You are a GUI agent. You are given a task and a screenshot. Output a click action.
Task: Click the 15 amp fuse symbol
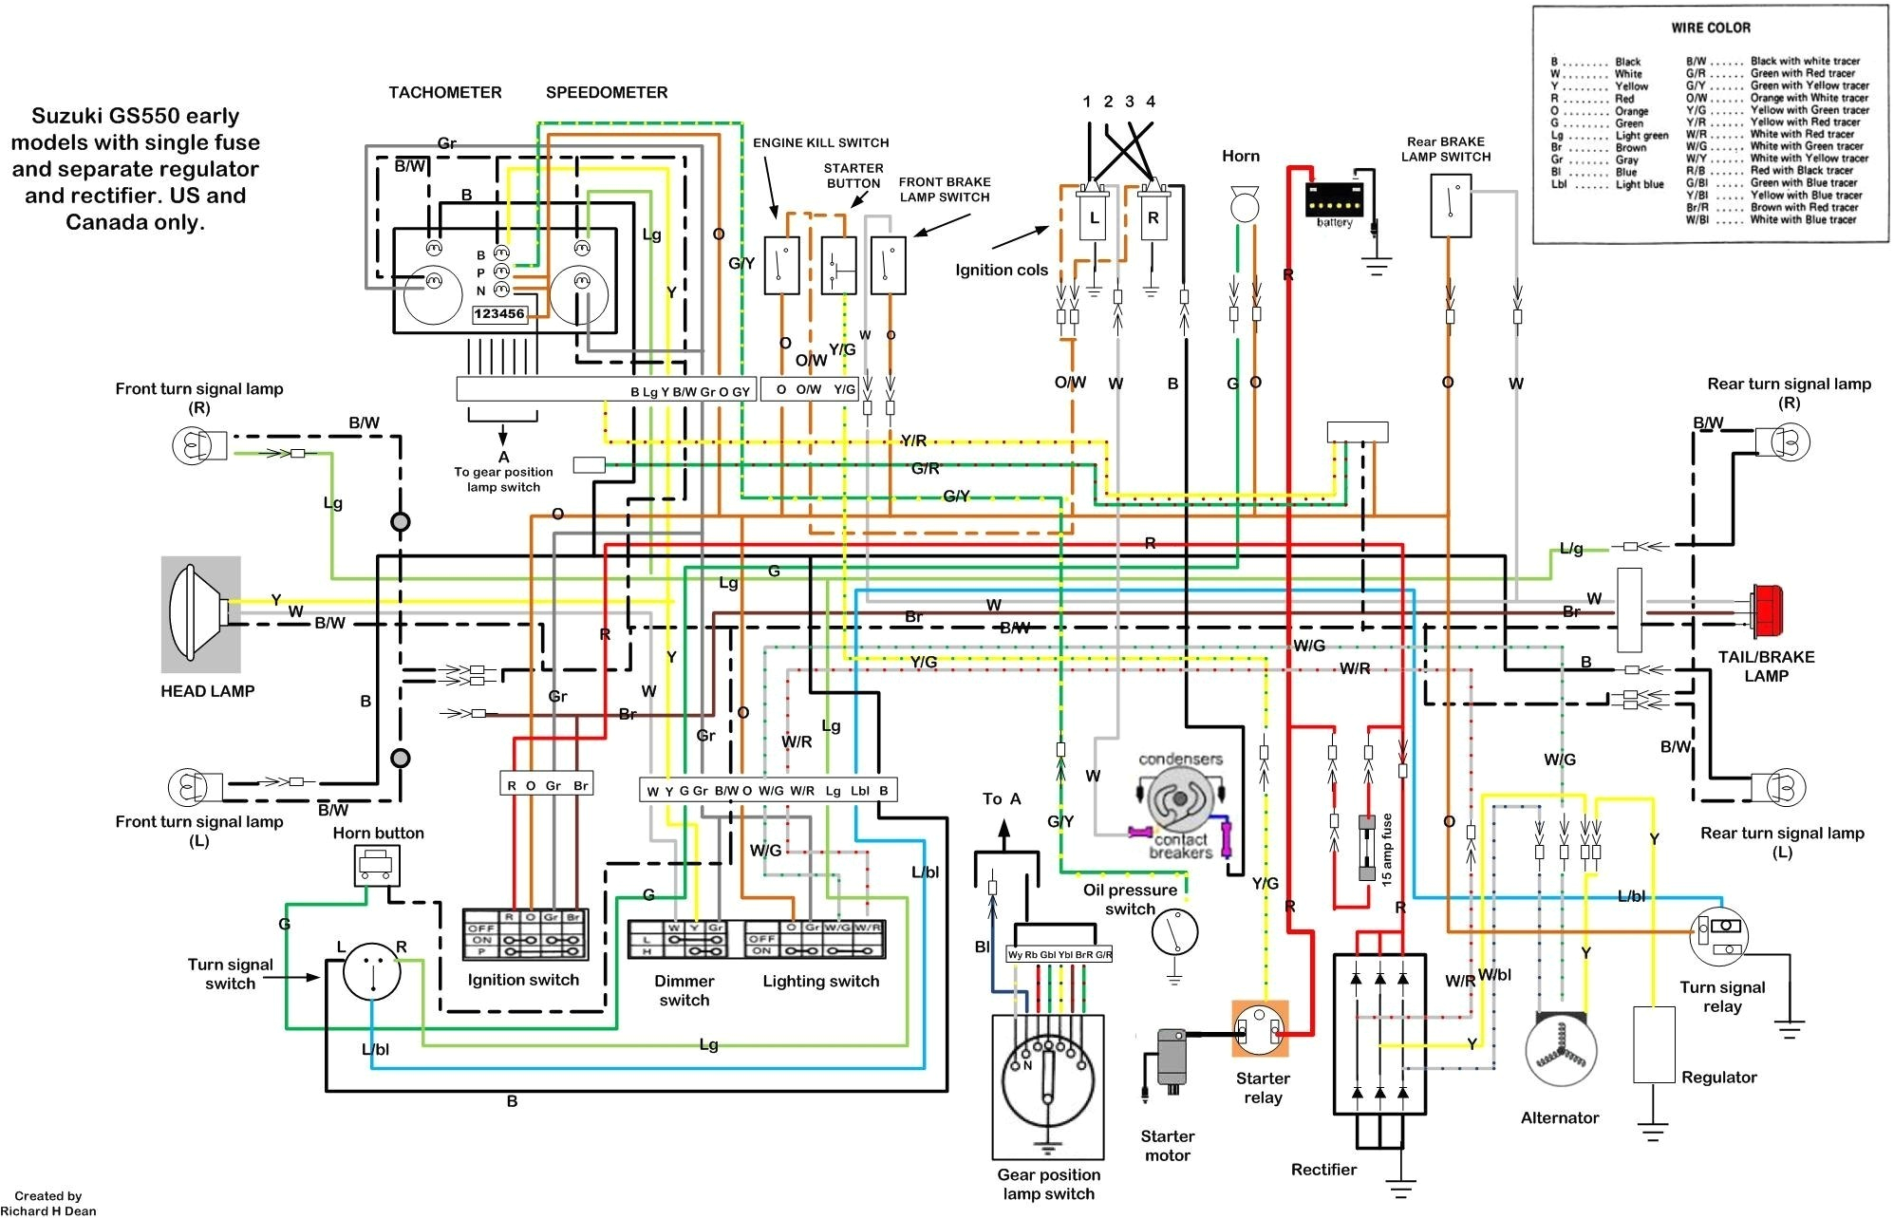point(1367,848)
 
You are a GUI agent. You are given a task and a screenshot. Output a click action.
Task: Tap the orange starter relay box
point(1260,1029)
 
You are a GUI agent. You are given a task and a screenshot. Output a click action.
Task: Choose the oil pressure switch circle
point(1174,932)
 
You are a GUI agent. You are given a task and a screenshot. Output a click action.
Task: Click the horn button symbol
point(377,864)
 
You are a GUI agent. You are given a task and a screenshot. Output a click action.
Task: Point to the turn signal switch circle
point(371,971)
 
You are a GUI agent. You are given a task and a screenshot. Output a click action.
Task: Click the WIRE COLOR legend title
point(1711,28)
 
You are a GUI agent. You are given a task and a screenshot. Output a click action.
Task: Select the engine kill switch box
point(782,266)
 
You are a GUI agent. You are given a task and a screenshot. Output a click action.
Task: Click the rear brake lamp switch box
point(1451,205)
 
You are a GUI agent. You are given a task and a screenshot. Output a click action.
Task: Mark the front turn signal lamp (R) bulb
point(190,444)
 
